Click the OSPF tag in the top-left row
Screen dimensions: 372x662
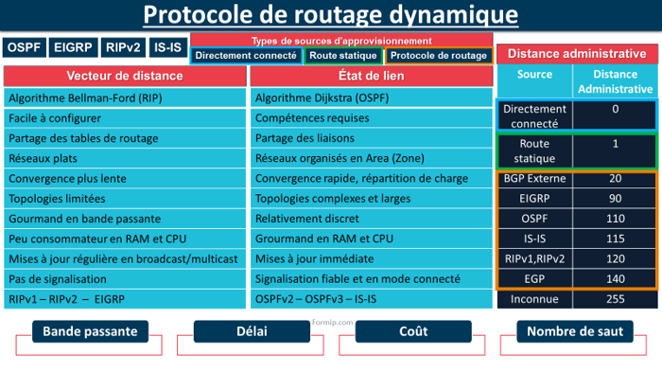point(24,47)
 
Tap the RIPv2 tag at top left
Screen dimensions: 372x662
point(123,47)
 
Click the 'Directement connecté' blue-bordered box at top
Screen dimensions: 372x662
point(245,56)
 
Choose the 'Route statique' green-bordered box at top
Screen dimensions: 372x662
point(343,56)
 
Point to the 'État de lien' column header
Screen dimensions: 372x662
point(370,76)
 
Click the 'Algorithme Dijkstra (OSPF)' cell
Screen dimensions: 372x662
point(370,98)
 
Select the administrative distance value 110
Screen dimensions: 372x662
point(615,219)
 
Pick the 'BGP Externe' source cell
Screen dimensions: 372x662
point(535,178)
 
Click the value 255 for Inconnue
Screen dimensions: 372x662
point(615,299)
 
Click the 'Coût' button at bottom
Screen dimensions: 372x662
point(412,332)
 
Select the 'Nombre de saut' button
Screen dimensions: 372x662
point(574,332)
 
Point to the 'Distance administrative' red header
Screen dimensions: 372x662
point(577,54)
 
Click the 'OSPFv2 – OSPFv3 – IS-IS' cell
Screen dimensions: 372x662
point(370,299)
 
